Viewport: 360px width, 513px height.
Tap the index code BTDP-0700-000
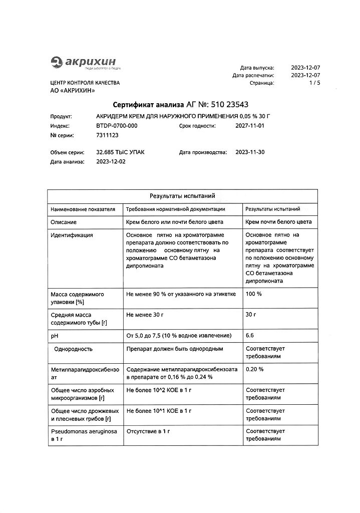[x=117, y=126]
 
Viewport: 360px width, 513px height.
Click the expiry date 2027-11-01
[x=249, y=126]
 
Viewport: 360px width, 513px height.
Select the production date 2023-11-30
[x=249, y=152]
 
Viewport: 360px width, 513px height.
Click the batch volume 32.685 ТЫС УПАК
[x=120, y=152]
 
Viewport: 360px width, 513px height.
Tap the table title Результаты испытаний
[x=182, y=196]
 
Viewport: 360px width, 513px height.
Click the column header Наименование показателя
[x=83, y=209]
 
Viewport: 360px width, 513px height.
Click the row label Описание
[x=64, y=222]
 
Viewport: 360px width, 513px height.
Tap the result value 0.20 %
[x=255, y=369]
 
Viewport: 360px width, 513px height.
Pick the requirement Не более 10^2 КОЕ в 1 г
[x=159, y=389]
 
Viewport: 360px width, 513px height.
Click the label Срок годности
[x=197, y=126]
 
